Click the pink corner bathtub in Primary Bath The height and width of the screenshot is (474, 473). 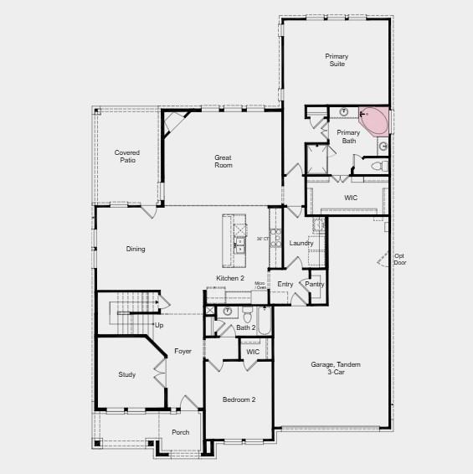coord(375,119)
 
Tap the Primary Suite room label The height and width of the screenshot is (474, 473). coord(337,60)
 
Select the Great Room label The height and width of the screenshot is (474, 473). coord(223,162)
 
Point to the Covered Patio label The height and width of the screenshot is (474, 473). coord(127,157)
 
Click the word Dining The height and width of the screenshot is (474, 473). coord(136,249)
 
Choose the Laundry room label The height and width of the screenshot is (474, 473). coord(301,243)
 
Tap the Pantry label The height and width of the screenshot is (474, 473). coord(314,284)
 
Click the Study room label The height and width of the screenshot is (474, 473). coord(126,374)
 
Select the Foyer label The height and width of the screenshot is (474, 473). coord(183,351)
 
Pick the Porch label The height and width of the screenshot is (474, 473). coord(180,432)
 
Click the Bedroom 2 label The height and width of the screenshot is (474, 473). coord(239,399)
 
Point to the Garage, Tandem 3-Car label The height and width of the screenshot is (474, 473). coord(328,368)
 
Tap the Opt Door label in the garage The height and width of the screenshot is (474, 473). coord(399,259)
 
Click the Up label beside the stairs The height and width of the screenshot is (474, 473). coord(159,324)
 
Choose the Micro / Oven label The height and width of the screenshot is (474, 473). coord(260,286)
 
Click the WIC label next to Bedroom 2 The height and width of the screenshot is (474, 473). coord(253,352)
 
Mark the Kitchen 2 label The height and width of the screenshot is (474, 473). coord(230,278)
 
